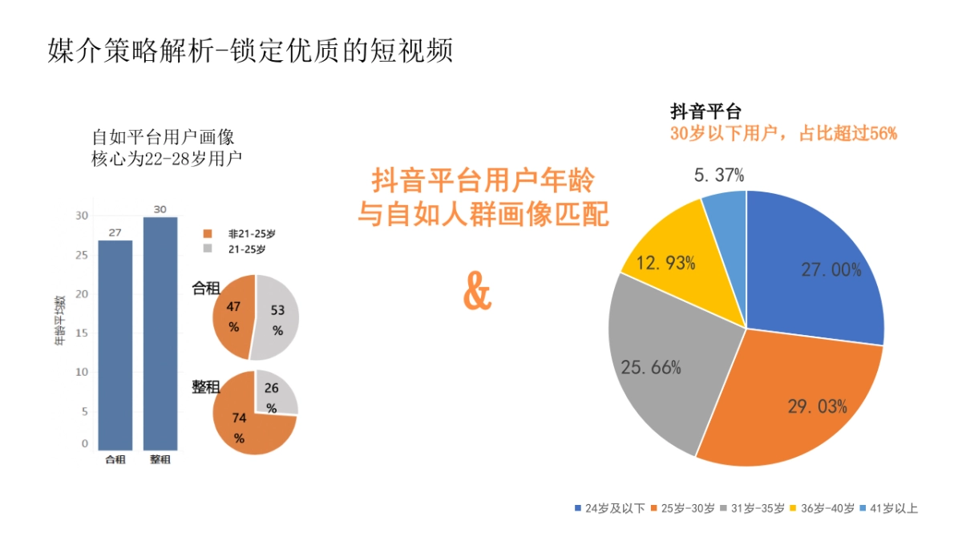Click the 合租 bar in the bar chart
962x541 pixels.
point(115,345)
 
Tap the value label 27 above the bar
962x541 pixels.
point(115,232)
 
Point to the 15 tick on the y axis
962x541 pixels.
point(82,333)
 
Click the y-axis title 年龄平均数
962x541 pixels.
point(59,321)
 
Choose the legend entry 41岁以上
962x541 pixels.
point(891,508)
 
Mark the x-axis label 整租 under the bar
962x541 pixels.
point(160,460)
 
